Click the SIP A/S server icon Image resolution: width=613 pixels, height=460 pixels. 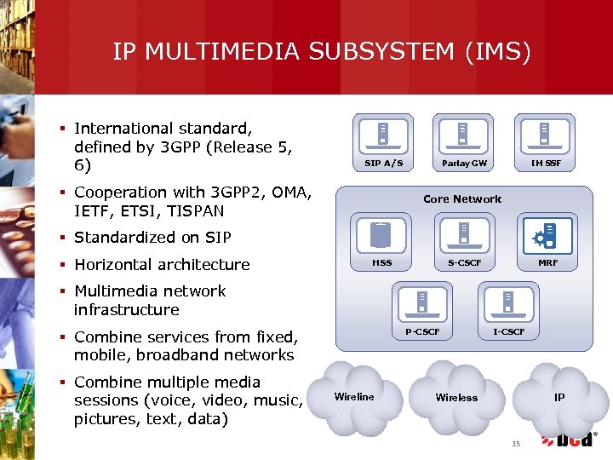click(384, 135)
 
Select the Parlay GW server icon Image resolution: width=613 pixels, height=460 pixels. click(464, 135)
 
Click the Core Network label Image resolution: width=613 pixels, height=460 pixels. click(462, 199)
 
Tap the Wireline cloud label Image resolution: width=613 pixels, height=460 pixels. click(354, 397)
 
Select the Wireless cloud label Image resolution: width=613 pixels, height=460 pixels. click(456, 398)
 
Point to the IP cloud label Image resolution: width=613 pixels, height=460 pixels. click(559, 398)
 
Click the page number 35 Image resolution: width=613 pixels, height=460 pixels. click(515, 443)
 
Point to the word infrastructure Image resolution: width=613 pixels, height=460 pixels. click(126, 309)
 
